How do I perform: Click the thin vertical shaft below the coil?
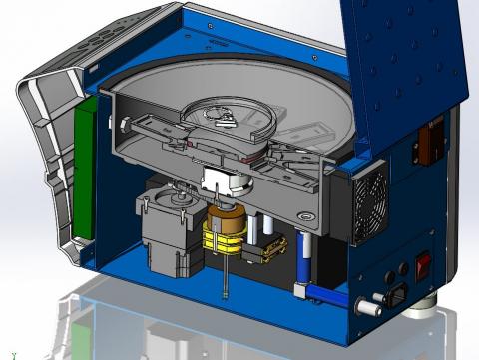click(x=229, y=284)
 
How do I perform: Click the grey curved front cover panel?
click(x=45, y=160)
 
